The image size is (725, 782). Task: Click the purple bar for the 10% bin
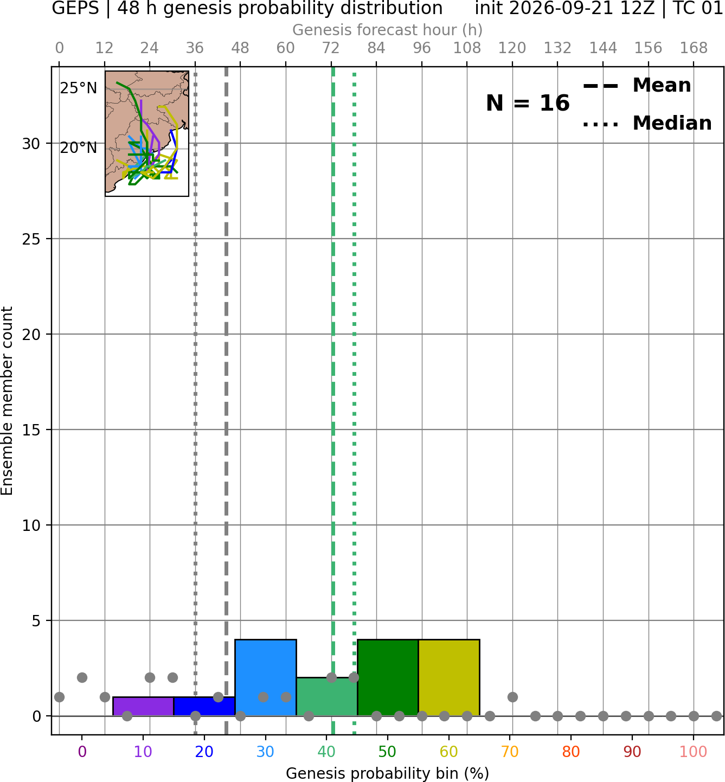tap(143, 707)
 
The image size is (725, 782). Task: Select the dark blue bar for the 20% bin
tap(204, 707)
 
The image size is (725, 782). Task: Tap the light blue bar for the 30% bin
tap(265, 678)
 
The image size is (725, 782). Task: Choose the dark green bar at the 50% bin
tap(388, 678)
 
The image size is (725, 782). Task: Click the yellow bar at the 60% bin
tap(449, 678)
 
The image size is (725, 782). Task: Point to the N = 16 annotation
tap(528, 103)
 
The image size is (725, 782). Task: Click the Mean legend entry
tap(637, 86)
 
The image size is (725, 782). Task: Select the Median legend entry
tap(647, 123)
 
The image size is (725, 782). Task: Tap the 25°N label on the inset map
tap(79, 88)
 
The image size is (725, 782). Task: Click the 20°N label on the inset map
tap(79, 148)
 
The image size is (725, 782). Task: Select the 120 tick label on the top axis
tap(512, 48)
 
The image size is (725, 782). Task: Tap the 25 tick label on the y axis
tap(31, 239)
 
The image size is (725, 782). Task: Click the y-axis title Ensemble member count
tap(7, 401)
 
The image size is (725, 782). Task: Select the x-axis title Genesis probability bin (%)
tap(388, 773)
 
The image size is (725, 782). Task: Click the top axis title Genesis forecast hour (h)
tap(388, 30)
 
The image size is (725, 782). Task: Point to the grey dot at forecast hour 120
tap(512, 697)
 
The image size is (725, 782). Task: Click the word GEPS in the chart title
tap(75, 8)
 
